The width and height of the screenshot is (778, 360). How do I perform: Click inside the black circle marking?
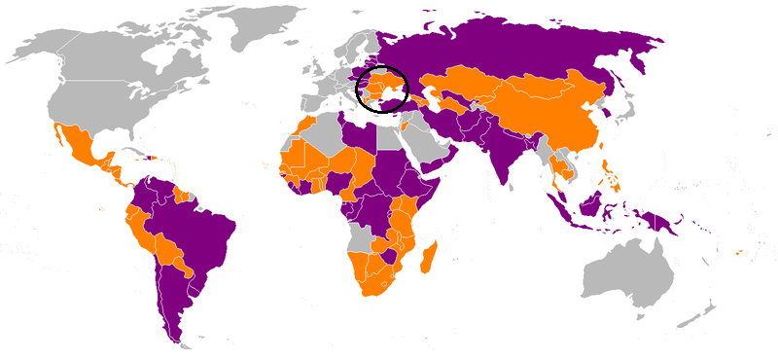pyautogui.click(x=383, y=89)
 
